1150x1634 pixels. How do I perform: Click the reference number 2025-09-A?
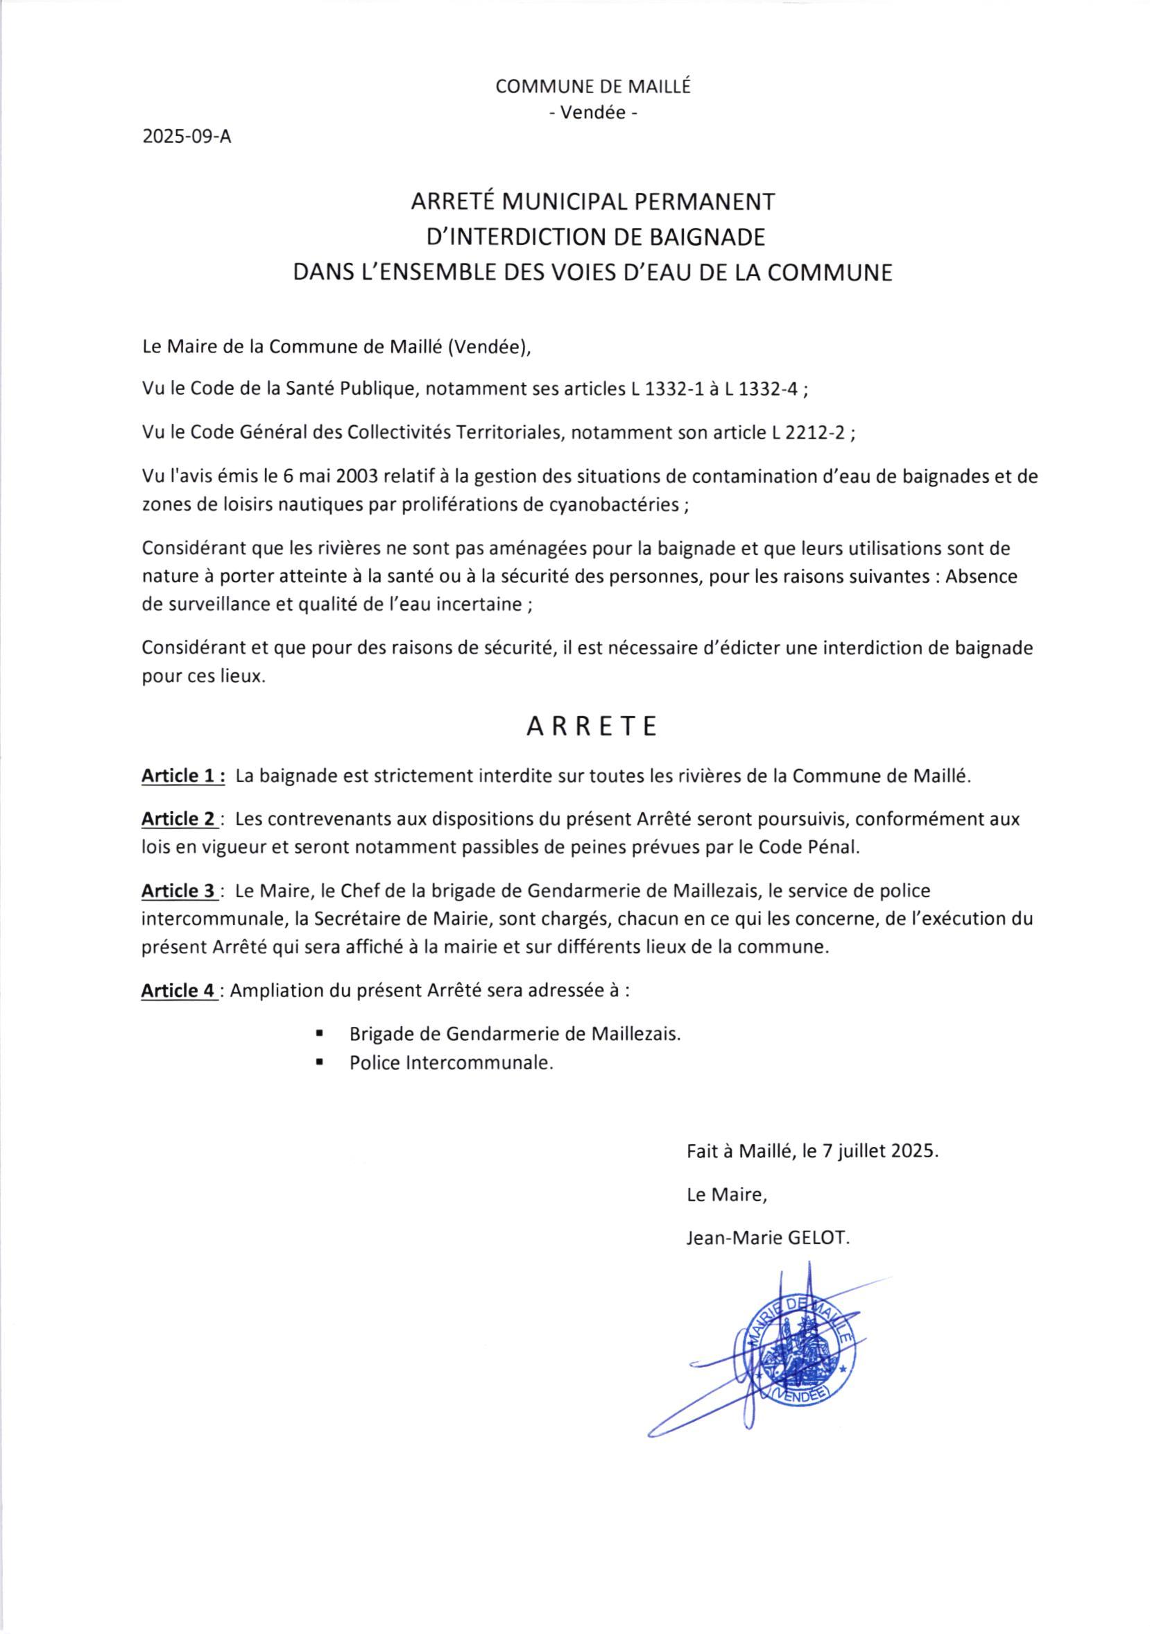click(x=187, y=137)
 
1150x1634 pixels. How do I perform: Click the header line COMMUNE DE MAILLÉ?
click(x=593, y=87)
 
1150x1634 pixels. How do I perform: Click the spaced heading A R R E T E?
click(x=592, y=726)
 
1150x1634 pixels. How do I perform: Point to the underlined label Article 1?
click(x=184, y=776)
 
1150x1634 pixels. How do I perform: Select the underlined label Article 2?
click(x=180, y=819)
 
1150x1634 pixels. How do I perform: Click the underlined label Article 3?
click(x=180, y=890)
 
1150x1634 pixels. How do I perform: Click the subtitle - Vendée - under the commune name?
click(x=593, y=112)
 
